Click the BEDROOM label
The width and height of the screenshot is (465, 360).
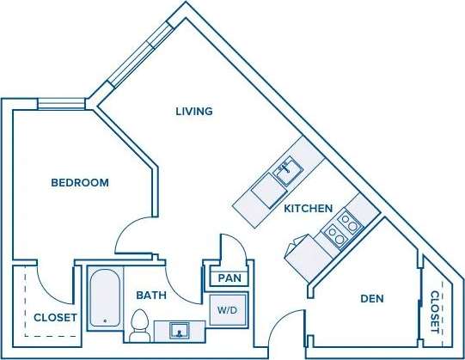coord(80,182)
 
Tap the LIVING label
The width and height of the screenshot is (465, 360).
coord(193,112)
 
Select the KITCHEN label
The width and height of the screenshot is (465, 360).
coord(308,208)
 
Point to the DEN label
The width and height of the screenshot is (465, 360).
coord(371,299)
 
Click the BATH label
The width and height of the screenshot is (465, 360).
coord(151,296)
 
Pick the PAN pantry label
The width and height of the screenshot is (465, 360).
coord(229,278)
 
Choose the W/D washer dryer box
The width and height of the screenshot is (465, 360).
coord(227,309)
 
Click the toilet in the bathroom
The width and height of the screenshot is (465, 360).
coord(139,325)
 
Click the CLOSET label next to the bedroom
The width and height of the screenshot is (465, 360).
coord(55,318)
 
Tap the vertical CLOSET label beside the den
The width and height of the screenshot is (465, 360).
coord(435,312)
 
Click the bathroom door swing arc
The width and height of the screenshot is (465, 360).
coord(176,275)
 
